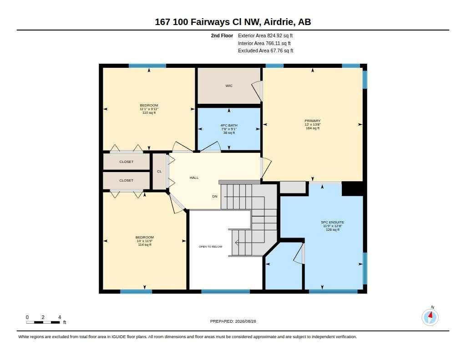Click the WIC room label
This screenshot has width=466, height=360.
coord(229,86)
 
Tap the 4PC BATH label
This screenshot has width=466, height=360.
coord(229,126)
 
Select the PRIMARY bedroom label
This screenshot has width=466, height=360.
coord(312,121)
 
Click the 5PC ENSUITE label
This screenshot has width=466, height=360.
coord(333,222)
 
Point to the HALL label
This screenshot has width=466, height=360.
coord(194,177)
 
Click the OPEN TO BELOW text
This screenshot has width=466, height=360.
coord(210,246)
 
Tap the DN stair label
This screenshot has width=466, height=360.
coord(215,197)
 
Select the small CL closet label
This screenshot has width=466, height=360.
coord(159,171)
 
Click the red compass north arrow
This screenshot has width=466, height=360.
coord(431,315)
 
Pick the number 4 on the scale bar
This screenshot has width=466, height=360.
coord(60,317)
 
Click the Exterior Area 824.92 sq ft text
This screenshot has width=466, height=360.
coord(265,35)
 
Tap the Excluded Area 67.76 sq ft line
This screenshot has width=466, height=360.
coord(265,51)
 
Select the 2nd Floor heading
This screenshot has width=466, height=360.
coord(222,35)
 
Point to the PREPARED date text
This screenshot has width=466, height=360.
coord(233,321)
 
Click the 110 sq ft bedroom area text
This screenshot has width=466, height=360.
coord(149,113)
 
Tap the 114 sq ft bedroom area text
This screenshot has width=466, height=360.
coord(145,245)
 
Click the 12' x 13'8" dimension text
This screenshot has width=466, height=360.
coord(312,125)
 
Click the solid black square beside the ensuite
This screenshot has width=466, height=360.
coord(352,189)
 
